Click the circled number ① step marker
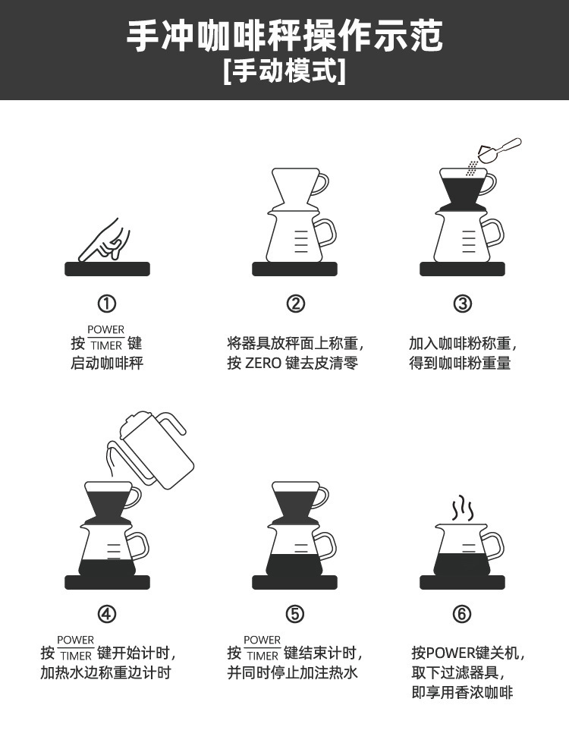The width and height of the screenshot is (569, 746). [x=107, y=304]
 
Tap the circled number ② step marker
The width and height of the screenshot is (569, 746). [x=295, y=304]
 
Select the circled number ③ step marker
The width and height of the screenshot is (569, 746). [x=462, y=304]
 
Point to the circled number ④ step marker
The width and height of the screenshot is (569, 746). [x=107, y=613]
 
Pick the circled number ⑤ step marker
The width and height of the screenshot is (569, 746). [x=295, y=613]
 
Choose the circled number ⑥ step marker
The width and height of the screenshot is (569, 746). [x=462, y=613]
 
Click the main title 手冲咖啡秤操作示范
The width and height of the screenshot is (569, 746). [x=284, y=36]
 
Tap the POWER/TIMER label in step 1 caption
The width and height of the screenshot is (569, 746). [x=105, y=338]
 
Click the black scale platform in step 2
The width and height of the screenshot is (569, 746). [x=295, y=269]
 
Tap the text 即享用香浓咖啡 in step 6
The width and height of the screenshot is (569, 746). [x=462, y=692]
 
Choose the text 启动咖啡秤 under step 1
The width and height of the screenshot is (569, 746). [x=107, y=363]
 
